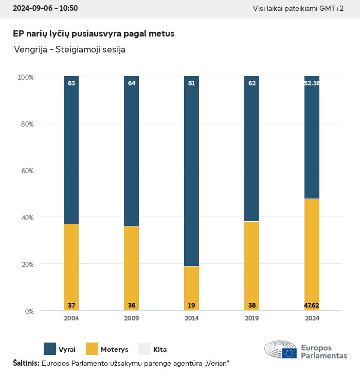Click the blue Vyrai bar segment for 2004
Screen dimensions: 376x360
(x=71, y=150)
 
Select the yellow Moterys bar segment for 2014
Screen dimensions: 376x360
(x=191, y=288)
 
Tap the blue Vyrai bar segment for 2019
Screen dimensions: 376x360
(x=251, y=149)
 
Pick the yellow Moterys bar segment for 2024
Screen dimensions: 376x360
(x=312, y=255)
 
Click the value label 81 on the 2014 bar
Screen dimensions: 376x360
(x=191, y=83)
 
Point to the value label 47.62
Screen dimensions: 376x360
(x=312, y=306)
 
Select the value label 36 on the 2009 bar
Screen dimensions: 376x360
(x=132, y=306)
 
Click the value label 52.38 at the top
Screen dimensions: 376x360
(x=312, y=83)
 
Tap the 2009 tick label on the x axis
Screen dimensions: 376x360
(x=131, y=318)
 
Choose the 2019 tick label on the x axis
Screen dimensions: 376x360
(x=251, y=318)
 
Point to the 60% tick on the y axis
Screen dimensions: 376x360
(x=26, y=171)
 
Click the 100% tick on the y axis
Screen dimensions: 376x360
(x=25, y=77)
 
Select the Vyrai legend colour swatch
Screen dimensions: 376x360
(x=50, y=349)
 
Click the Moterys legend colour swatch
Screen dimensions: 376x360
(x=92, y=349)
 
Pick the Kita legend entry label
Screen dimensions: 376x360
(x=160, y=350)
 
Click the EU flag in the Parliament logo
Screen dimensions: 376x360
(x=289, y=353)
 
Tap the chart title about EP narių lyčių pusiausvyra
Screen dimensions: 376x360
(x=94, y=34)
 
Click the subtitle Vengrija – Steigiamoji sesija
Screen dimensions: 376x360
(x=70, y=50)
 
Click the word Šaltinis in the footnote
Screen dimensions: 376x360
(x=26, y=364)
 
